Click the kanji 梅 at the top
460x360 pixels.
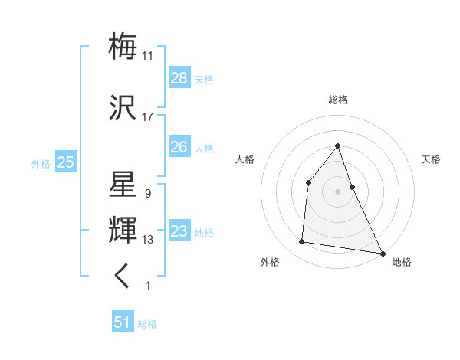[123, 46]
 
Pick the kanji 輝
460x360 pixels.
[123, 230]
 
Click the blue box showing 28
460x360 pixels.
[179, 78]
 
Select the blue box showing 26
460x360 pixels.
[179, 147]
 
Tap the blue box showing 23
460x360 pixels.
[179, 231]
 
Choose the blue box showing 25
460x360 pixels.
[65, 162]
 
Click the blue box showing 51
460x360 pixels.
[123, 322]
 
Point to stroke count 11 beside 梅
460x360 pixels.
[148, 55]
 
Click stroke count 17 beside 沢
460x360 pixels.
[148, 117]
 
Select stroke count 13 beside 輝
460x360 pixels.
[148, 240]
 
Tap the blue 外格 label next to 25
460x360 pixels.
[41, 163]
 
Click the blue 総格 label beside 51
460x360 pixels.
[147, 324]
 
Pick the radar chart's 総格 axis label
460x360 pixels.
[337, 100]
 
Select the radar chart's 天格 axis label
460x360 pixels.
[431, 159]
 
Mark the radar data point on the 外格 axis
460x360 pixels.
[302, 242]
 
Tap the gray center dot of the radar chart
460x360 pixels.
[337, 191]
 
